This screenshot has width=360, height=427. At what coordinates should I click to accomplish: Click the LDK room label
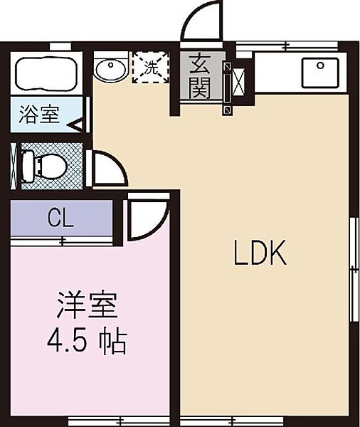click(x=260, y=253)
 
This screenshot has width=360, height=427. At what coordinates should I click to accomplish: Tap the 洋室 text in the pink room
click(x=87, y=305)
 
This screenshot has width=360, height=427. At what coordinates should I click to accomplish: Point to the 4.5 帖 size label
click(x=87, y=342)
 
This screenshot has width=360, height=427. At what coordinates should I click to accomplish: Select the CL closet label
click(x=60, y=218)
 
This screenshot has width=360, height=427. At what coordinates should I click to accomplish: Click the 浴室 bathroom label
click(x=39, y=115)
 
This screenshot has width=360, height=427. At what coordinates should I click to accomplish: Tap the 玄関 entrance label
click(x=200, y=77)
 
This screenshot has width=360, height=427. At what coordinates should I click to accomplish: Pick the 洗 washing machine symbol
click(x=151, y=68)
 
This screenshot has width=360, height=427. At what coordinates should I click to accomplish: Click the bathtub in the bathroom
click(x=46, y=73)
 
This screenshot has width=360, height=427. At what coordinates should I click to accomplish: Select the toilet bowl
click(x=43, y=166)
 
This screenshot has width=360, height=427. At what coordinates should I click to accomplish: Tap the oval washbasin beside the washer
click(x=111, y=69)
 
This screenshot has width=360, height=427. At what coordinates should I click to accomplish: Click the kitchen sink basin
click(x=320, y=73)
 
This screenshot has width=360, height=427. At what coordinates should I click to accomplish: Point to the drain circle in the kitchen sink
click(x=321, y=65)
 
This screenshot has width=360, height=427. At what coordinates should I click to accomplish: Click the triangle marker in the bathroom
click(x=77, y=125)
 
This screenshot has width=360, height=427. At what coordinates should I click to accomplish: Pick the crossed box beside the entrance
click(x=239, y=82)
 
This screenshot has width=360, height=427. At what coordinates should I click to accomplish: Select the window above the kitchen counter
click(x=287, y=46)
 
